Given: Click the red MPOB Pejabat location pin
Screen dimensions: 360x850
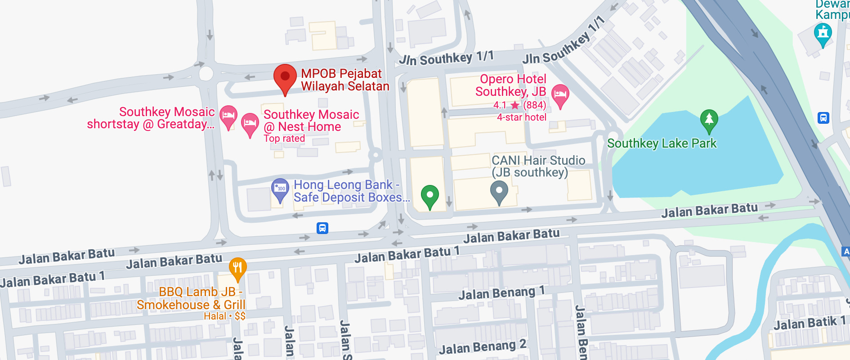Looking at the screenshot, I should pyautogui.click(x=285, y=77).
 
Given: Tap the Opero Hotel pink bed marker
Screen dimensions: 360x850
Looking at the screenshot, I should pyautogui.click(x=560, y=95).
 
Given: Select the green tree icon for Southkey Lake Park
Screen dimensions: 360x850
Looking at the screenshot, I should pyautogui.click(x=709, y=120).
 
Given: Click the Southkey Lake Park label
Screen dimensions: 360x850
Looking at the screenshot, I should pyautogui.click(x=662, y=144).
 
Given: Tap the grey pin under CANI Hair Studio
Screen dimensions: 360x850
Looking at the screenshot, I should pyautogui.click(x=499, y=191).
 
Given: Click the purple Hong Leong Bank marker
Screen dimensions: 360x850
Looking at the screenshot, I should pyautogui.click(x=280, y=189).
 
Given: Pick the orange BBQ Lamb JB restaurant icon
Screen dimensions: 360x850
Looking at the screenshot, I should pyautogui.click(x=237, y=268).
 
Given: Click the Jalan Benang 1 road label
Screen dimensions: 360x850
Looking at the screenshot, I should pyautogui.click(x=501, y=293).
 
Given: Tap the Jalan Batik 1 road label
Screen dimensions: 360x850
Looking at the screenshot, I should pyautogui.click(x=809, y=323).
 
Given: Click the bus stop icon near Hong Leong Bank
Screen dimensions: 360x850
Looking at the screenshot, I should pyautogui.click(x=322, y=228).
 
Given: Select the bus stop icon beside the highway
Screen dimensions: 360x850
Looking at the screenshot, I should pyautogui.click(x=823, y=118).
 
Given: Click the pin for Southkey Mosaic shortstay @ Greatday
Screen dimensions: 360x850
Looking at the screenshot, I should pyautogui.click(x=228, y=116).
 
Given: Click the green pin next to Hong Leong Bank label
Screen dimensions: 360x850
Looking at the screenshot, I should pyautogui.click(x=429, y=196).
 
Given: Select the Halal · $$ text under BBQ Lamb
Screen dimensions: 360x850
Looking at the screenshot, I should pyautogui.click(x=224, y=316).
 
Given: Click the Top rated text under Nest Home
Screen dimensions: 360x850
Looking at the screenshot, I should pyautogui.click(x=284, y=139).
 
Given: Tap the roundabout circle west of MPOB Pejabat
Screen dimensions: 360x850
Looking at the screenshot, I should pyautogui.click(x=206, y=73).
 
